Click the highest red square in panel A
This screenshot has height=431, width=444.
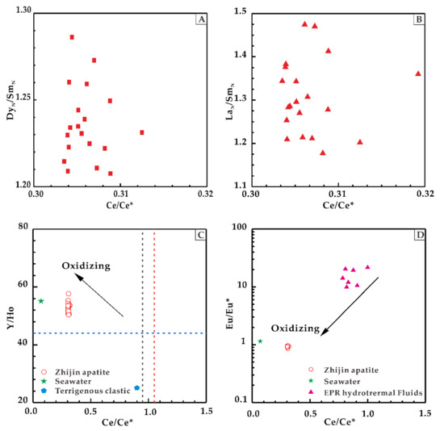[72, 37]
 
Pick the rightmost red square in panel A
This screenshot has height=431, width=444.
[142, 132]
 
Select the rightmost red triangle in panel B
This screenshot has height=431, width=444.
[418, 73]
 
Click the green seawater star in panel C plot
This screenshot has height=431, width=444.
[41, 301]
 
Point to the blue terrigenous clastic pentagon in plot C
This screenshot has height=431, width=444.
[136, 388]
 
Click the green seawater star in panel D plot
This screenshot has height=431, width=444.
[260, 341]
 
